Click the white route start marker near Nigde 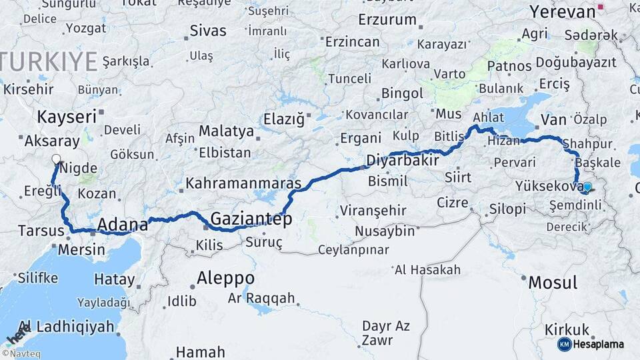(x=56, y=160)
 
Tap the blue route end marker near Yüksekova (x=586, y=187)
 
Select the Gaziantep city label (x=251, y=218)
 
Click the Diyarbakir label (x=403, y=161)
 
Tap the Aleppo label (x=225, y=277)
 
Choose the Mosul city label (x=553, y=282)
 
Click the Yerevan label (x=561, y=12)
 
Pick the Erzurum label (x=387, y=20)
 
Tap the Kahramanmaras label (x=243, y=183)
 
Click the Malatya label (x=226, y=131)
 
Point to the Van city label (x=553, y=120)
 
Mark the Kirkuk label (x=567, y=329)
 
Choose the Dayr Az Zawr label (x=385, y=332)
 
